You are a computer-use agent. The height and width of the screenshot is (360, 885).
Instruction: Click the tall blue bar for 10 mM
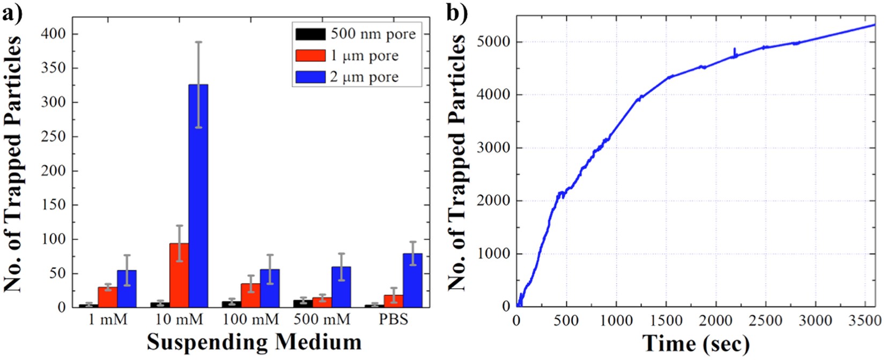[198, 196]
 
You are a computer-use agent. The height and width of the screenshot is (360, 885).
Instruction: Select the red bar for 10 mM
[179, 275]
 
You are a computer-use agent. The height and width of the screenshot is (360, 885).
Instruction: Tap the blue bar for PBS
[412, 281]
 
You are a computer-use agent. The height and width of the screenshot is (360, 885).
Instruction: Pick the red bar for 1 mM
[107, 297]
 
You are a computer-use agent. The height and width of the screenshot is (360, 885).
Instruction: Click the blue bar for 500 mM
[341, 287]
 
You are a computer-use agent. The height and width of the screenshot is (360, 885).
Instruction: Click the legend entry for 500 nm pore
[372, 34]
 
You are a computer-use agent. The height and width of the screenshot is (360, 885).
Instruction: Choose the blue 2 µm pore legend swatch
[310, 77]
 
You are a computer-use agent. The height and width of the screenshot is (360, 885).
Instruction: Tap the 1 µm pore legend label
[364, 55]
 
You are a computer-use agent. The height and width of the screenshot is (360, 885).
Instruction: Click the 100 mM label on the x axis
[250, 319]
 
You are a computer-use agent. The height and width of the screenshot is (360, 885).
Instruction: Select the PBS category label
[393, 319]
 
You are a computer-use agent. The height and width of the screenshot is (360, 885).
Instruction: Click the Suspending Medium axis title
[254, 342]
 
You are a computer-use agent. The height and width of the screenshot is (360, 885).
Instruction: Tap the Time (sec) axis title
[696, 343]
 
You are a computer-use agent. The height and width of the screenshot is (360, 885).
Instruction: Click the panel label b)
[456, 12]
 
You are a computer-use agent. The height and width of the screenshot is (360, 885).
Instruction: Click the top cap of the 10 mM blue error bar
[198, 42]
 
